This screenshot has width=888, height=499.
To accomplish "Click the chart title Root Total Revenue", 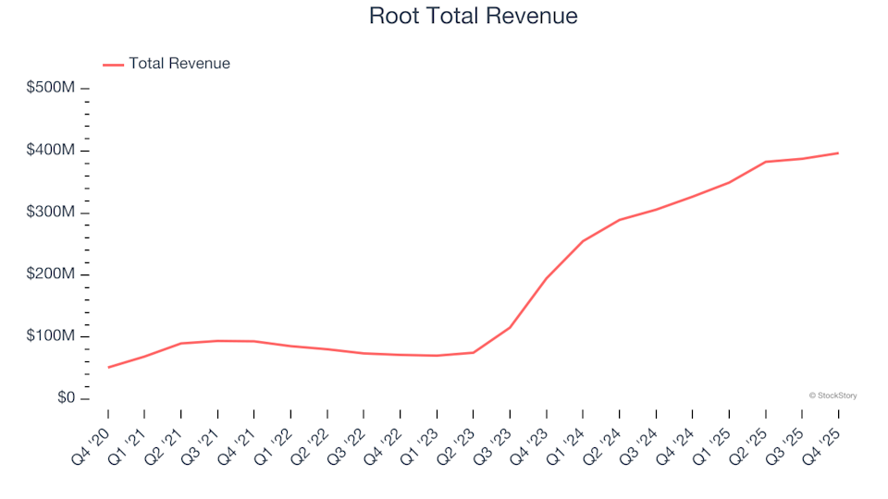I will point(473,16).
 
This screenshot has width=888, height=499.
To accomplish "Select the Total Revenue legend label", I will point(179,64).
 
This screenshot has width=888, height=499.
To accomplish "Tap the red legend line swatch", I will point(113,65).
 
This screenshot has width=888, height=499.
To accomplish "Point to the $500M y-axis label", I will point(52,88).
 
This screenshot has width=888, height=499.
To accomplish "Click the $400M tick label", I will point(52,151).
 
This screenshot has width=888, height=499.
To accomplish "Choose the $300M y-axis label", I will point(52,213).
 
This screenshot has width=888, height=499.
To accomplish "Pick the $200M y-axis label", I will point(52,274).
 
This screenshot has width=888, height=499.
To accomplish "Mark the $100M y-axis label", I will point(52,336).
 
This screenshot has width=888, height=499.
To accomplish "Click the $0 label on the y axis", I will point(65,398).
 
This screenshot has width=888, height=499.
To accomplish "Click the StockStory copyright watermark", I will point(832,396).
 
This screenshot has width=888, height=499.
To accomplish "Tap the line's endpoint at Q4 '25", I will point(838,153).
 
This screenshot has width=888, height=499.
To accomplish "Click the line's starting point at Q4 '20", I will point(108,368).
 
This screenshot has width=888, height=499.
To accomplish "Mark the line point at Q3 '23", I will point(510,327).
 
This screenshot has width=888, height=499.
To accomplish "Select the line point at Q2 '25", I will point(766,162).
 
